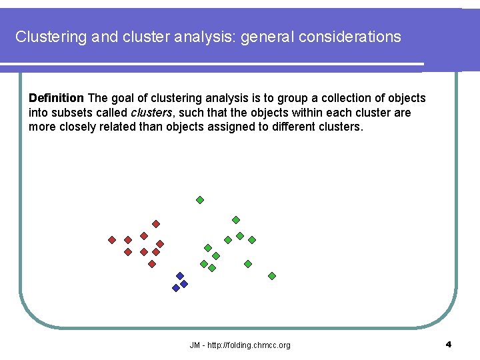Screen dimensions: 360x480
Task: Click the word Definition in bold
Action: (x=56, y=99)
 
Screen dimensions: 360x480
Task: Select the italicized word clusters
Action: (x=151, y=113)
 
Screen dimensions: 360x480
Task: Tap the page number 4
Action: (x=448, y=344)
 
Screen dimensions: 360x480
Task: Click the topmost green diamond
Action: (x=200, y=199)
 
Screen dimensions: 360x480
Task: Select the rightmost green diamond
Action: (x=272, y=275)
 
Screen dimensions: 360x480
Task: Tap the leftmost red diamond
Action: (x=112, y=240)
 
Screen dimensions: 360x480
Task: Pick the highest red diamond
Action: (x=156, y=224)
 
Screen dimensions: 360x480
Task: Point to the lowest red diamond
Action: (x=152, y=264)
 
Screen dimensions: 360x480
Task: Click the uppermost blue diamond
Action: (x=179, y=276)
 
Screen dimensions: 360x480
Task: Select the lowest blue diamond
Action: (x=176, y=288)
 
